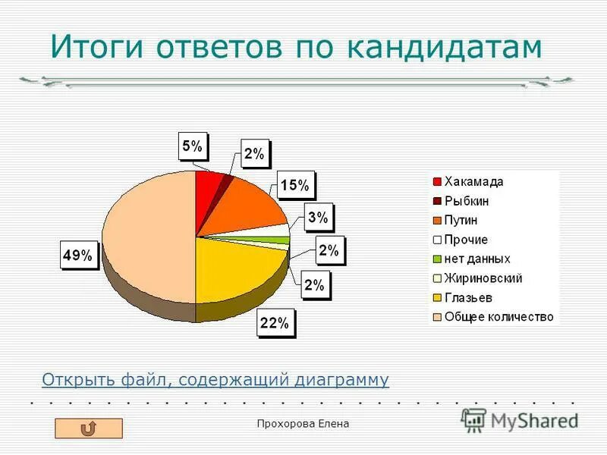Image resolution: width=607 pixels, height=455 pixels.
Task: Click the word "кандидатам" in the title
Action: (445, 46)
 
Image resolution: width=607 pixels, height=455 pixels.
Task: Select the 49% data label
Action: (77, 256)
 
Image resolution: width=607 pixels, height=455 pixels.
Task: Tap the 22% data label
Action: (275, 323)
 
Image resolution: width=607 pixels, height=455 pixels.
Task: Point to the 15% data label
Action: (294, 185)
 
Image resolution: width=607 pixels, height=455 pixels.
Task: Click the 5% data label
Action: (192, 146)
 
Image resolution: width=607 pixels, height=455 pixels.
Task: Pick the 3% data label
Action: (318, 218)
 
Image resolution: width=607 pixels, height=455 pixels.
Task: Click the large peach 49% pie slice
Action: (144, 235)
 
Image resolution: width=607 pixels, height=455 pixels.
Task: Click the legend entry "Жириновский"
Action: (483, 278)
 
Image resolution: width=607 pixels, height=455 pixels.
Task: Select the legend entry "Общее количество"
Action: (498, 316)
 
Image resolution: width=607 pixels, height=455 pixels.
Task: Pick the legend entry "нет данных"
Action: (476, 259)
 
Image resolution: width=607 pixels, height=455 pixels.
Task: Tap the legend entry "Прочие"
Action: (466, 240)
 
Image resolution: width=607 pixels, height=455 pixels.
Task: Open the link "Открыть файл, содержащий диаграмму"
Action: (215, 379)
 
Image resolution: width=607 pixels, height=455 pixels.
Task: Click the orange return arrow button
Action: (88, 428)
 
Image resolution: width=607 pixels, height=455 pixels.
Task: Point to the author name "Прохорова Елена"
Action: (303, 424)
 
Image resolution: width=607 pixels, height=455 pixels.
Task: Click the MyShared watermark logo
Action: (520, 419)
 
